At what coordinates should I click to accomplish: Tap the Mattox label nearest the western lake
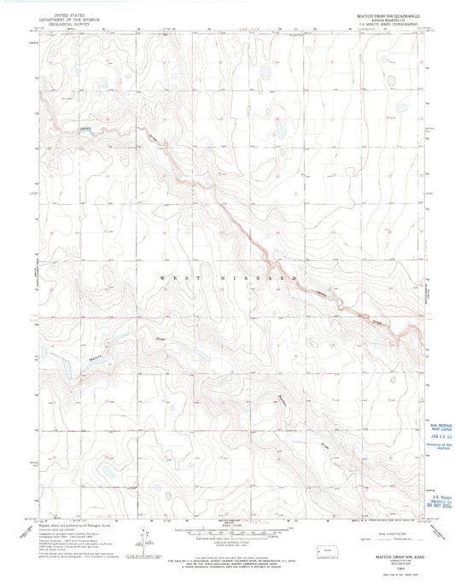[73, 362]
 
